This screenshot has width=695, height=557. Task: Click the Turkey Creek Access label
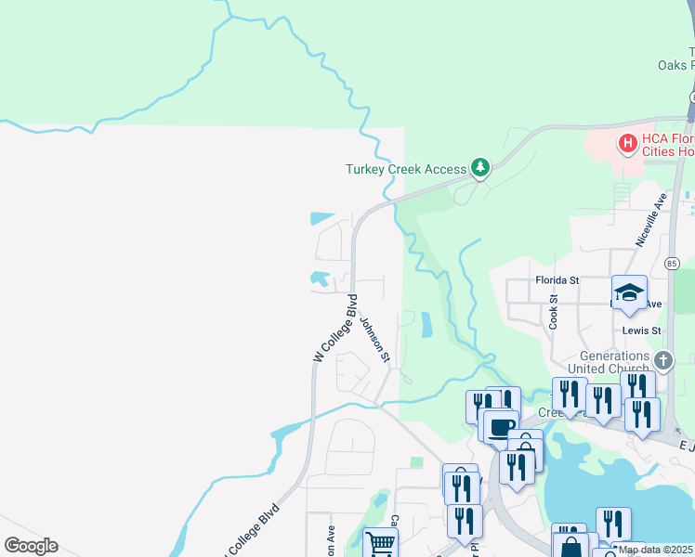(x=404, y=169)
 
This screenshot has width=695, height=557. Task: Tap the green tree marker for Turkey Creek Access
(x=479, y=167)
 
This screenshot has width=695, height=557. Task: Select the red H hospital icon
(x=627, y=144)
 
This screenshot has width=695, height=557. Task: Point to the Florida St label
(x=557, y=279)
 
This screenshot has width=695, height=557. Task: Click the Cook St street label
(x=554, y=312)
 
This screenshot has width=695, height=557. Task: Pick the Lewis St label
(x=642, y=330)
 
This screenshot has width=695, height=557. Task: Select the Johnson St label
(x=375, y=339)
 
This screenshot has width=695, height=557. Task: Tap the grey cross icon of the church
(x=662, y=359)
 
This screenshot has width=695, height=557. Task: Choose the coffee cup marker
(x=500, y=426)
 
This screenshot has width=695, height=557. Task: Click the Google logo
(x=31, y=546)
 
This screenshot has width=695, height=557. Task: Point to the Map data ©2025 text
(x=655, y=550)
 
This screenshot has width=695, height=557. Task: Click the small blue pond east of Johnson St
(x=426, y=325)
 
